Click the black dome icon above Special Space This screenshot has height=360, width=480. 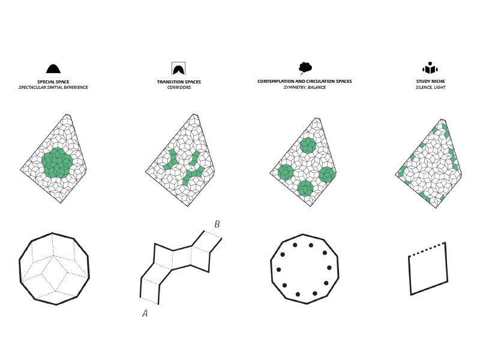coord(53,69)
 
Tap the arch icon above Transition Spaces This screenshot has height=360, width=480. coord(178,68)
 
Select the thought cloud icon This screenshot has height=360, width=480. coord(305,68)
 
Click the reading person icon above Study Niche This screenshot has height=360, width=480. coord(430,68)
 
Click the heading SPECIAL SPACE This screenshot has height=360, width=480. coord(53,82)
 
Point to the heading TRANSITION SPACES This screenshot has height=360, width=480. coord(179,82)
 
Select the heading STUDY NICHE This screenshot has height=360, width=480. coord(430,81)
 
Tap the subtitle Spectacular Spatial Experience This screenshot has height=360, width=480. coord(53,87)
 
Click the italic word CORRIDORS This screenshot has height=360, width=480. coord(179,87)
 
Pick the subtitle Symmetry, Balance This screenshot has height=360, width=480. coord(305,87)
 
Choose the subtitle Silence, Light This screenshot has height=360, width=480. coord(430,87)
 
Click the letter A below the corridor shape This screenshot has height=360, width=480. coord(145,313)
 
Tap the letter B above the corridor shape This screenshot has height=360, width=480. coord(217,224)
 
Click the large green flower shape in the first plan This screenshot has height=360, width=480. coord(57,163)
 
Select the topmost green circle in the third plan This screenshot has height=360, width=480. coord(308,145)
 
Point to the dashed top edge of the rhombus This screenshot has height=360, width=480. coord(427,249)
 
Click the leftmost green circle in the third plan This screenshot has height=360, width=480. coord(286,172)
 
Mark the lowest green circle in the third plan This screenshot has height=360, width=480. coord(305,188)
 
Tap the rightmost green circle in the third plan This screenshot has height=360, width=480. coord(326,175)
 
